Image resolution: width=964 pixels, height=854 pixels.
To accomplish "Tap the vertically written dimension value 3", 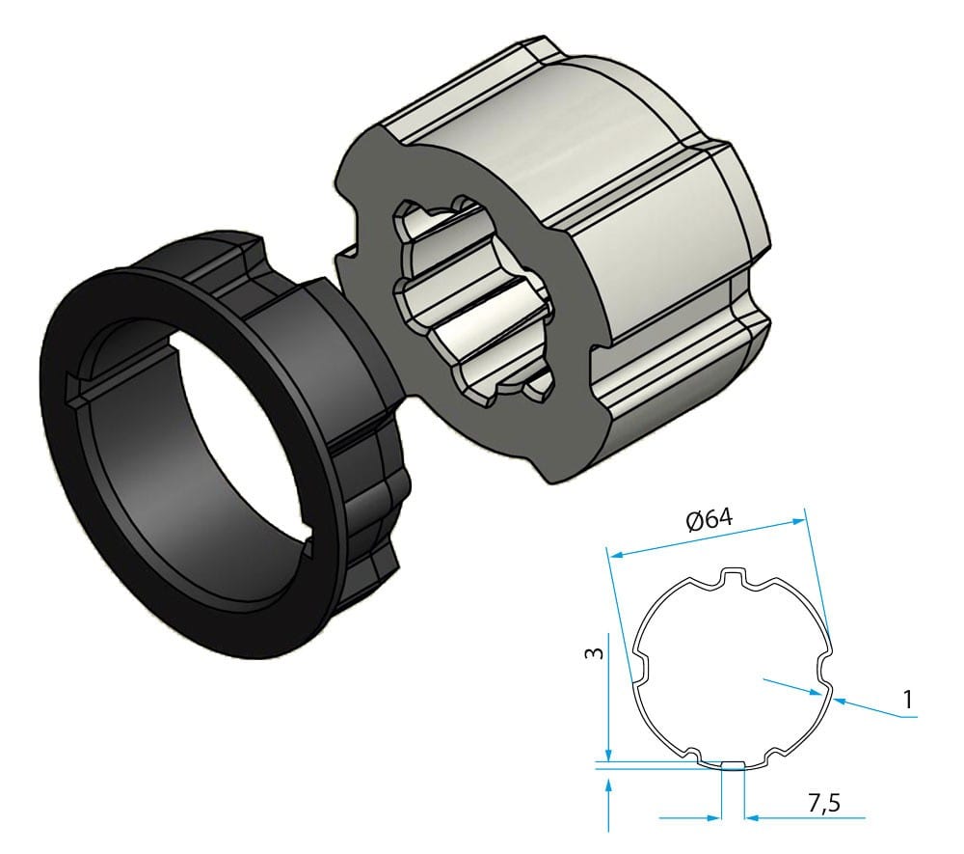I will (x=597, y=653).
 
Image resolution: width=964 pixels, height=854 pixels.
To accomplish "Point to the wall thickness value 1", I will (x=907, y=698).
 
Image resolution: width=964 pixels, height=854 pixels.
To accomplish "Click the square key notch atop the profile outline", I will (x=735, y=577).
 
